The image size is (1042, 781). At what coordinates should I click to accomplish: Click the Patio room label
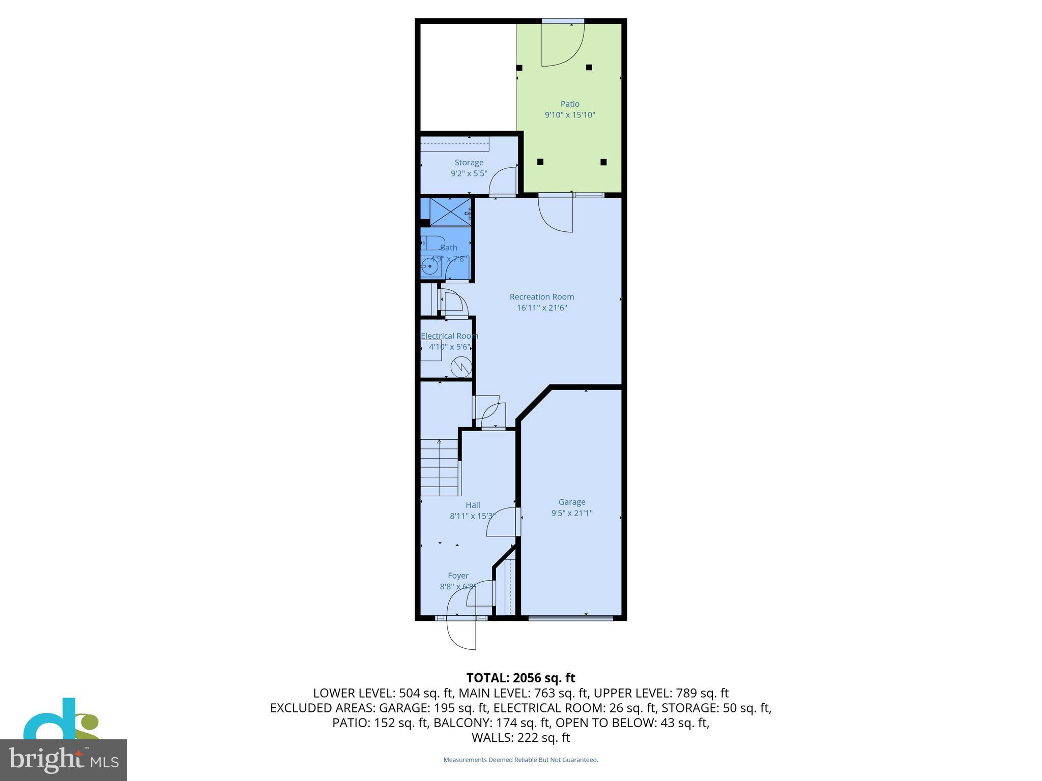570,104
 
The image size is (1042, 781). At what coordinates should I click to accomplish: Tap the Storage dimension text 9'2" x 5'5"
469,173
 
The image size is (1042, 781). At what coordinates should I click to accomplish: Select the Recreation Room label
541,296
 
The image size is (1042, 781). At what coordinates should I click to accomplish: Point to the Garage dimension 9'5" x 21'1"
571,513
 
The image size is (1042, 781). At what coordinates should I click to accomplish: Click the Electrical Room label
449,336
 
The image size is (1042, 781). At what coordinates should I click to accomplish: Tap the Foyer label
458,576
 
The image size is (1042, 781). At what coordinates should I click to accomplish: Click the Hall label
473,505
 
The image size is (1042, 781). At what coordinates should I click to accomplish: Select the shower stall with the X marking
450,212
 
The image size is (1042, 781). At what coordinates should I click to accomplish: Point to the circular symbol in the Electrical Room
461,366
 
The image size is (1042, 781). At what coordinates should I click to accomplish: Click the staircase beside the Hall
440,468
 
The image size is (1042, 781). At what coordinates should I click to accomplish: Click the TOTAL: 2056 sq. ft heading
520,678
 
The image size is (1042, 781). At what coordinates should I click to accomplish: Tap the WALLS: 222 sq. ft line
520,737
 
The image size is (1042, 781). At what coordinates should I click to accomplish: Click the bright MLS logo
64,760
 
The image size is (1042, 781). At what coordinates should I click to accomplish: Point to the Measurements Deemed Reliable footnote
520,760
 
